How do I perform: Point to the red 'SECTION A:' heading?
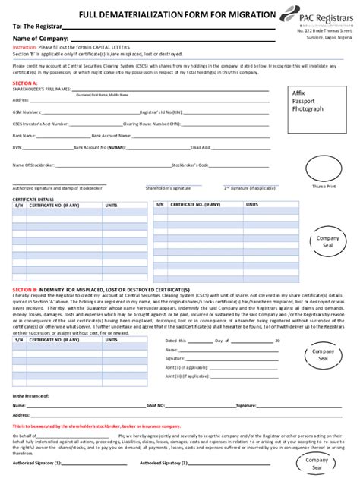tap(25, 82)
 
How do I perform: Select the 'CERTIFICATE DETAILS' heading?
tap(33, 199)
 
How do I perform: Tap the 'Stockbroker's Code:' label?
tap(190, 164)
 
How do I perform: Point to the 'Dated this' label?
tap(175, 341)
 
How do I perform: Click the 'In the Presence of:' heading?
tap(31, 396)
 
